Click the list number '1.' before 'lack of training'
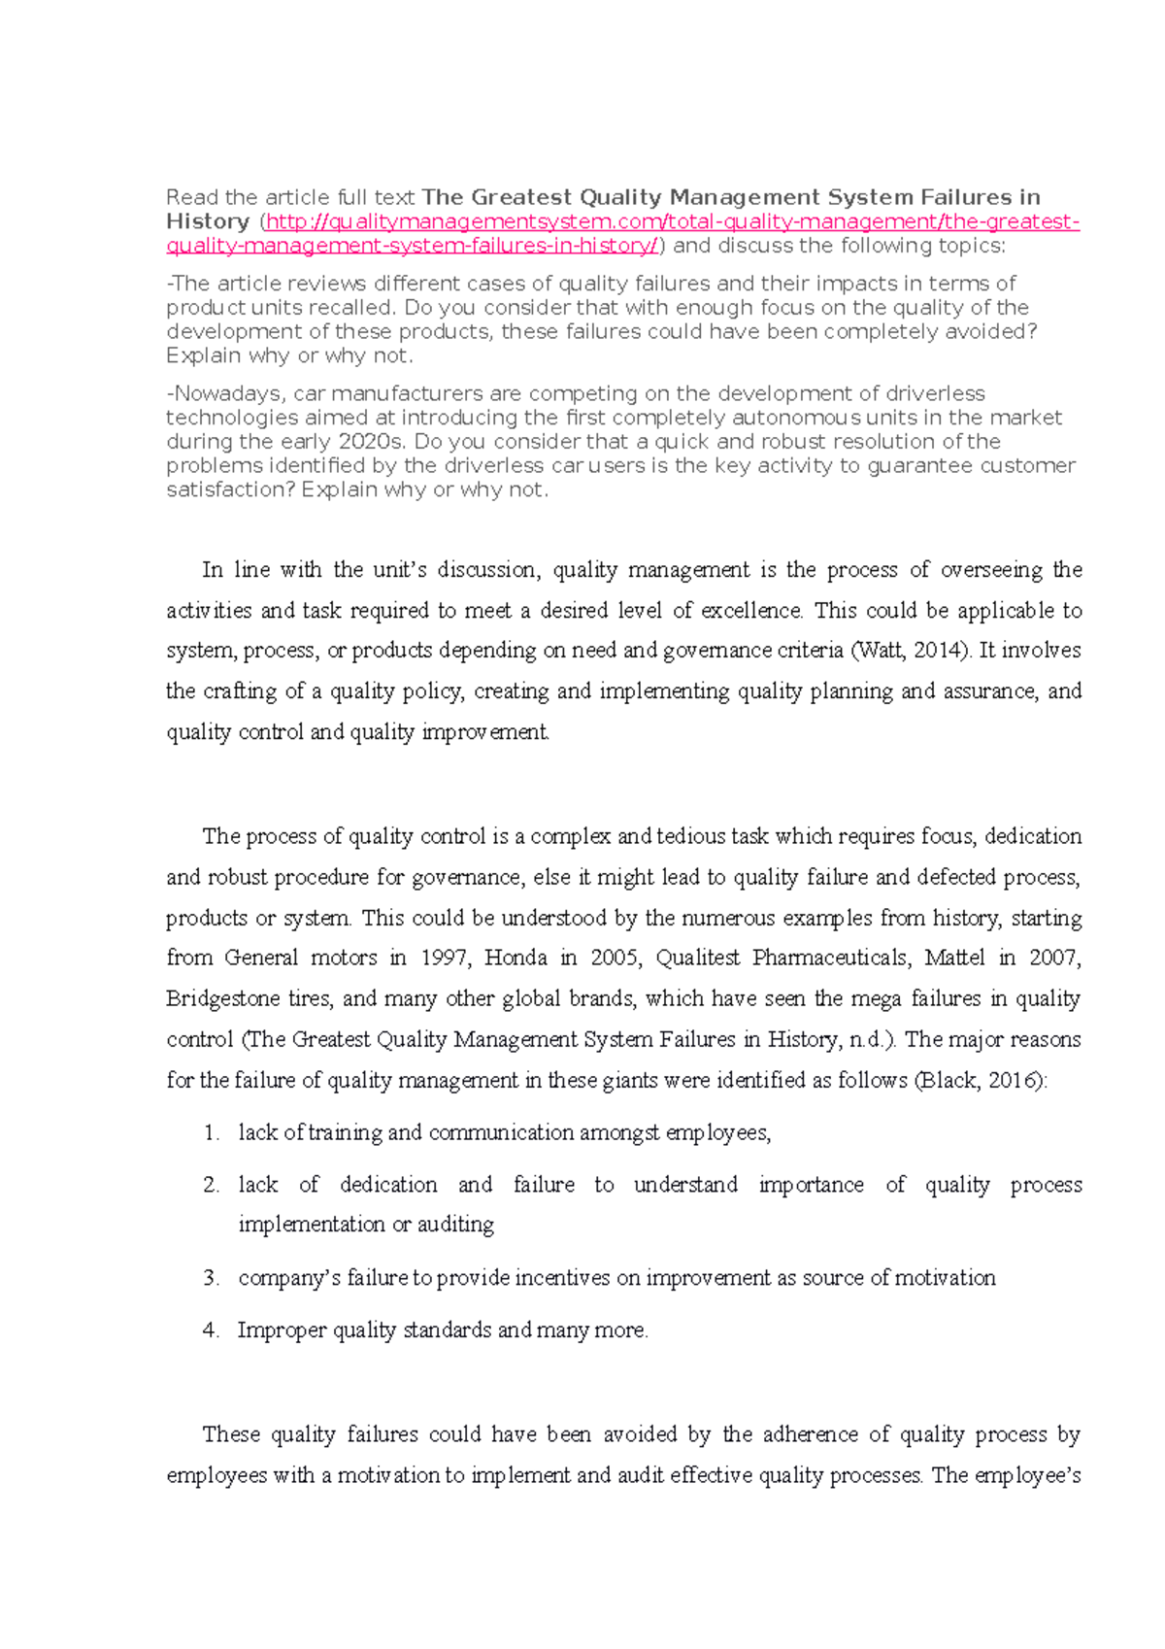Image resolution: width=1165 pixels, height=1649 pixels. (x=212, y=1133)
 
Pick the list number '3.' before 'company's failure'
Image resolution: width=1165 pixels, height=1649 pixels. (x=212, y=1279)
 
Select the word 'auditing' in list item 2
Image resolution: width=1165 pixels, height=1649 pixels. (x=455, y=1225)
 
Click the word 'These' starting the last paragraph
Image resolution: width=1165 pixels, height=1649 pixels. (x=230, y=1435)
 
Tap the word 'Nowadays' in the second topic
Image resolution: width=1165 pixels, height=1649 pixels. (x=226, y=394)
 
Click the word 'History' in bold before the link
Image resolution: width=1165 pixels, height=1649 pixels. (x=207, y=221)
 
